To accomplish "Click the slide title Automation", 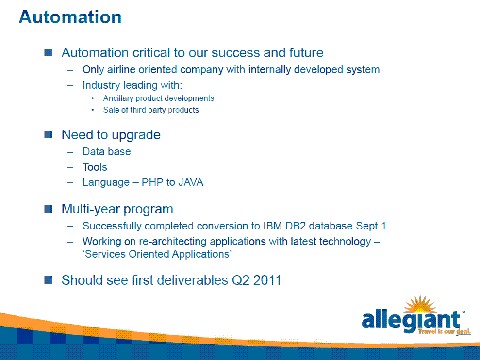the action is coord(70,17).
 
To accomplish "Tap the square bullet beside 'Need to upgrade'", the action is coord(49,134).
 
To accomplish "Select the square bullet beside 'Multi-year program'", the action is coord(49,209).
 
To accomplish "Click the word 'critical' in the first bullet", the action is coord(151,53).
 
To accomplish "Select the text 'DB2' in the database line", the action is coord(296,226).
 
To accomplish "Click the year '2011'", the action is coord(267,280).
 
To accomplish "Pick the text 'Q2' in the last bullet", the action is coord(241,280).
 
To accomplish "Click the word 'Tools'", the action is coord(95,167).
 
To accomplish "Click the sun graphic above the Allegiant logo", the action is coord(420,305).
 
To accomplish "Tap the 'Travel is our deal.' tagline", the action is coord(444,331).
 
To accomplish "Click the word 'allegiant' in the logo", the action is coord(411,321).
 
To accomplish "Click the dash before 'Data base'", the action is coord(70,152).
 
